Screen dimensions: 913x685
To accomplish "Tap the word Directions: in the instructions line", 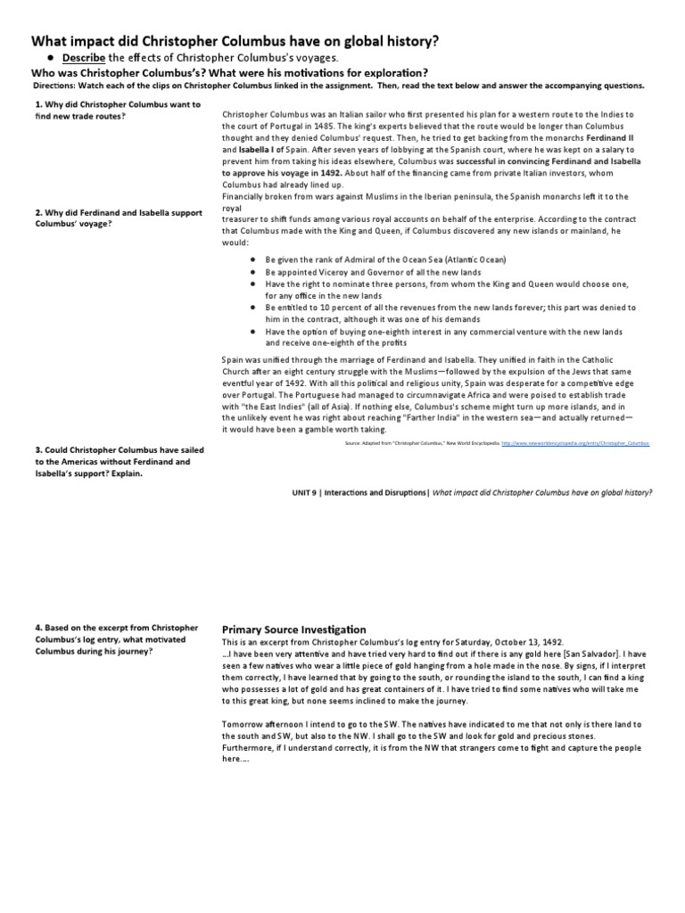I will [x=54, y=86].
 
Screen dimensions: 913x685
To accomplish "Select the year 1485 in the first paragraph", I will [x=364, y=126].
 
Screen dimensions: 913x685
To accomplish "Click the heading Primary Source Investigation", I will [x=293, y=629].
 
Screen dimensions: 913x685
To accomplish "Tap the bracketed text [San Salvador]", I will [x=608, y=654].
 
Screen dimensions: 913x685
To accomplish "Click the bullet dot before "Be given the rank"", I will [x=254, y=259].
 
